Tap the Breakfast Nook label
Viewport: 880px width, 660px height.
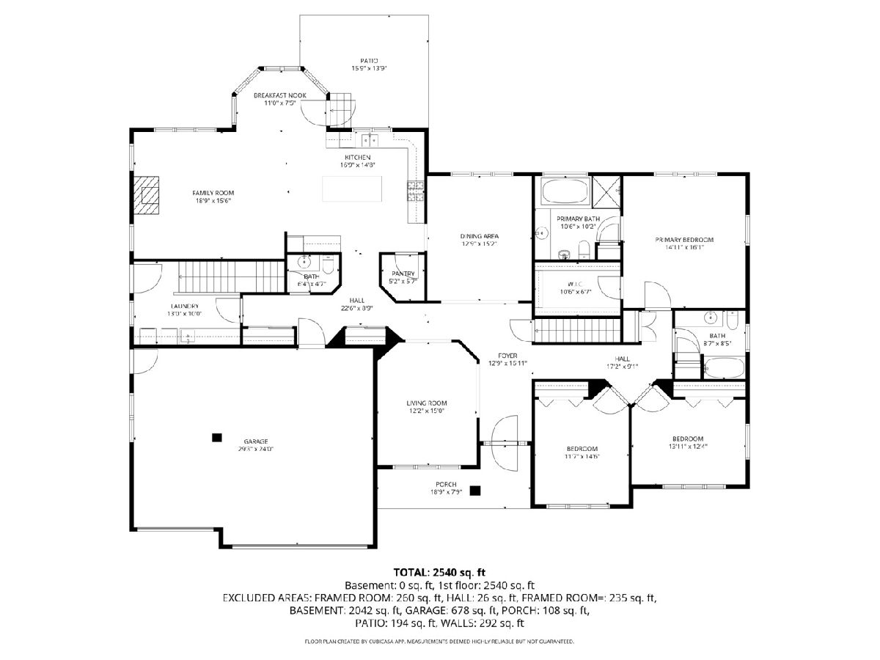280,96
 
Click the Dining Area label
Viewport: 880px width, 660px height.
480,235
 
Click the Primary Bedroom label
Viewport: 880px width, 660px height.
684,240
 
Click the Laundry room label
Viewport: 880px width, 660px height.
185,306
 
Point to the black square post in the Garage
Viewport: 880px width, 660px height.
216,437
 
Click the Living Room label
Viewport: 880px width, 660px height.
427,403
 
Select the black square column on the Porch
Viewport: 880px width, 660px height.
476,490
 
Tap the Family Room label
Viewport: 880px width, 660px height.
214,193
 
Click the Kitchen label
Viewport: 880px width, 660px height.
358,158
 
